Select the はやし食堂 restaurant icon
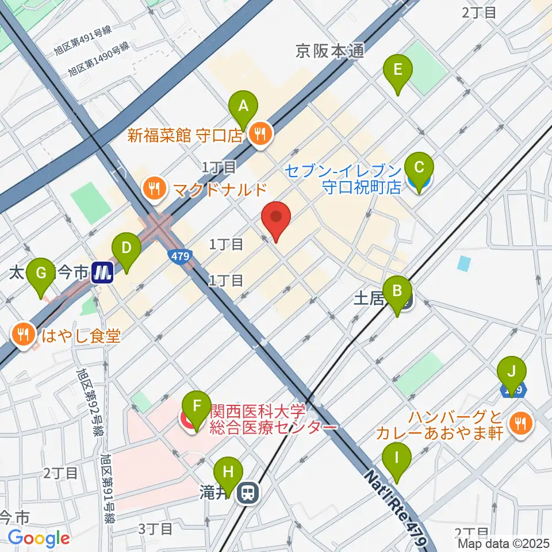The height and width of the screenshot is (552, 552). click(24, 335)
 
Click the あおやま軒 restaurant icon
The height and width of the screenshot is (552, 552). click(520, 424)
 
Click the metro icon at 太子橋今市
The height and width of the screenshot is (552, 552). click(102, 272)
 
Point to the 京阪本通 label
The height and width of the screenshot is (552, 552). click(330, 52)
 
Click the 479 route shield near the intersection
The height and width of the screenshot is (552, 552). click(180, 257)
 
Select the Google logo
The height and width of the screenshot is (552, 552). click(39, 538)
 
